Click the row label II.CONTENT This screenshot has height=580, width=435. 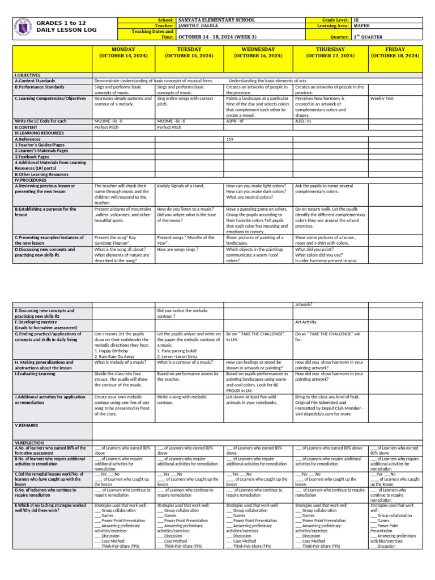click(28, 127)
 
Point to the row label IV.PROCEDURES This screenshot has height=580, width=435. click(31, 180)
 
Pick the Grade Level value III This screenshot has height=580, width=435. click(357, 20)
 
